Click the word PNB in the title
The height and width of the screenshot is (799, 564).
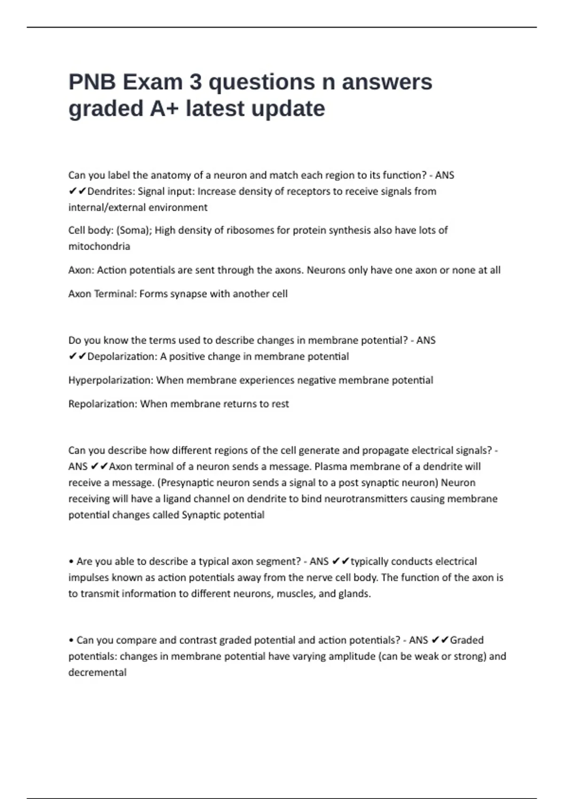coord(92,82)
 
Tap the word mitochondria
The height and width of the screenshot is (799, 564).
coord(99,246)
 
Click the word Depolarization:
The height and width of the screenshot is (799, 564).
coord(122,357)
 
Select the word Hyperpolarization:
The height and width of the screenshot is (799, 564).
coord(111,380)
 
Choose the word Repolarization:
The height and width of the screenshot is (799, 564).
coord(103,404)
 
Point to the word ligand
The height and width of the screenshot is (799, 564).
coord(177,499)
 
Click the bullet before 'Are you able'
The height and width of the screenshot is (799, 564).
coord(71,562)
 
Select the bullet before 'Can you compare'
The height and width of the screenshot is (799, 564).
coord(71,641)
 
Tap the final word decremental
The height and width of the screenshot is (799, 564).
coord(97,673)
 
